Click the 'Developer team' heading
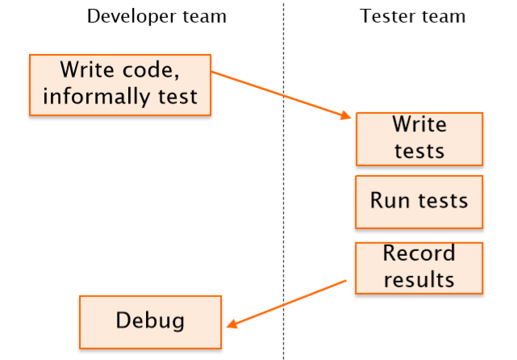pos(156,16)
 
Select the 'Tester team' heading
pos(412,16)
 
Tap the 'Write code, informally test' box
pos(120,85)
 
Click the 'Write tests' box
pos(419,139)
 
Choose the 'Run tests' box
pos(419,202)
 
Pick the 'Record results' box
pos(419,268)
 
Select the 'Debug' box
pos(150,322)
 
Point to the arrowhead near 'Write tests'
pos(345,115)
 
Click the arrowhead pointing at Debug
pos(232,324)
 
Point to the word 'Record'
pos(419,253)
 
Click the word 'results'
pos(419,280)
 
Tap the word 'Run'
pos(390,200)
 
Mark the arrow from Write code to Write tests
pos(281,94)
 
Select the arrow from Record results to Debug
pos(286,304)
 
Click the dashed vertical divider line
pos(283,181)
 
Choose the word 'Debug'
pos(150,320)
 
